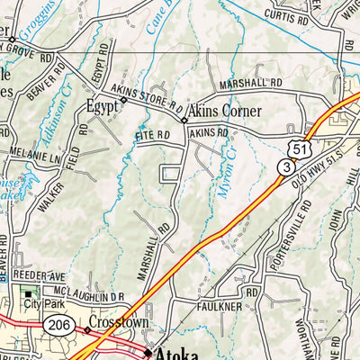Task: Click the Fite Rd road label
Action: [152, 136]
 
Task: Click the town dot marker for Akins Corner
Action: [184, 120]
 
